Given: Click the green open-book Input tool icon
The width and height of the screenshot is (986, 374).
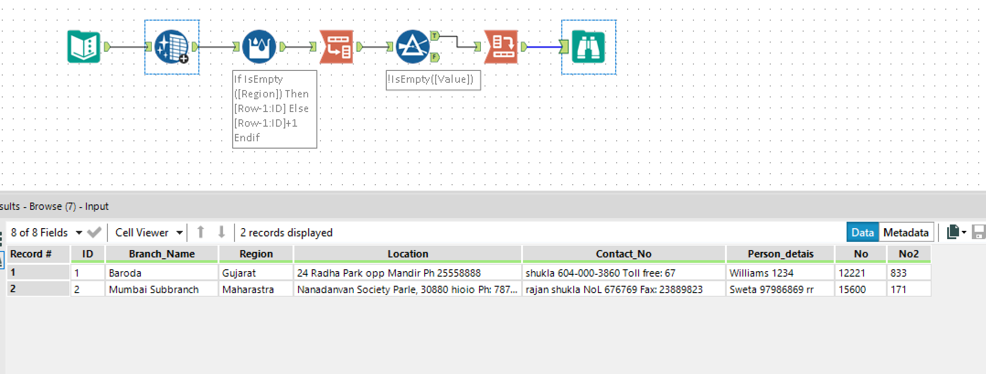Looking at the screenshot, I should pyautogui.click(x=84, y=47).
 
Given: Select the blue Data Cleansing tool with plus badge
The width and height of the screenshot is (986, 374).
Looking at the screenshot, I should pyautogui.click(x=171, y=47).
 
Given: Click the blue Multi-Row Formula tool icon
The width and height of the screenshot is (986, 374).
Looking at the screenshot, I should pyautogui.click(x=259, y=47).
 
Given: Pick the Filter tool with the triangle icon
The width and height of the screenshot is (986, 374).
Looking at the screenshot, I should pyautogui.click(x=412, y=47).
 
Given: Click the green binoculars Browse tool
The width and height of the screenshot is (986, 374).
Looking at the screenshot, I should pyautogui.click(x=588, y=47).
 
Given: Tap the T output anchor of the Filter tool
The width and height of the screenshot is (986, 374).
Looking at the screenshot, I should pyautogui.click(x=435, y=36).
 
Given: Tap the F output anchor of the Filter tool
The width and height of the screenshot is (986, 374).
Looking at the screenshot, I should pyautogui.click(x=435, y=57).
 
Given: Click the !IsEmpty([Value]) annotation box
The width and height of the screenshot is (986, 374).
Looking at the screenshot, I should pyautogui.click(x=432, y=80).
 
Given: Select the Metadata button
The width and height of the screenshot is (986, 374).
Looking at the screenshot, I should pyautogui.click(x=906, y=232).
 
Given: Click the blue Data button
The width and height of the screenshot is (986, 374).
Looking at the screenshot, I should pyautogui.click(x=862, y=232).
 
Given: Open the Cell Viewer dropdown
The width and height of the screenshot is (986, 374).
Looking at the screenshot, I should pyautogui.click(x=149, y=232).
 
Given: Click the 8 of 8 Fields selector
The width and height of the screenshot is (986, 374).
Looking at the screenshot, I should pyautogui.click(x=46, y=232).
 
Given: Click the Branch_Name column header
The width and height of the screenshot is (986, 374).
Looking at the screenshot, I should pyautogui.click(x=162, y=254).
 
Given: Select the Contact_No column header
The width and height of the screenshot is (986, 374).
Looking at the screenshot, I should pyautogui.click(x=623, y=254).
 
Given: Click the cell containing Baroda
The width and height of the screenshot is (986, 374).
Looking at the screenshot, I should pyautogui.click(x=162, y=273).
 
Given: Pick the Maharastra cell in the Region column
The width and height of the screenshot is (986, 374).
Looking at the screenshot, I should pyautogui.click(x=256, y=289).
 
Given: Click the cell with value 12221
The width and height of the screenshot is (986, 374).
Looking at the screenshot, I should pyautogui.click(x=860, y=273).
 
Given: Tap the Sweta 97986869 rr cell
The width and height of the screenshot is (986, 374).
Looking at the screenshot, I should pyautogui.click(x=779, y=289).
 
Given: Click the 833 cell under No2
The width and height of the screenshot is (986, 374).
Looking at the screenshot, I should pyautogui.click(x=908, y=273).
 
